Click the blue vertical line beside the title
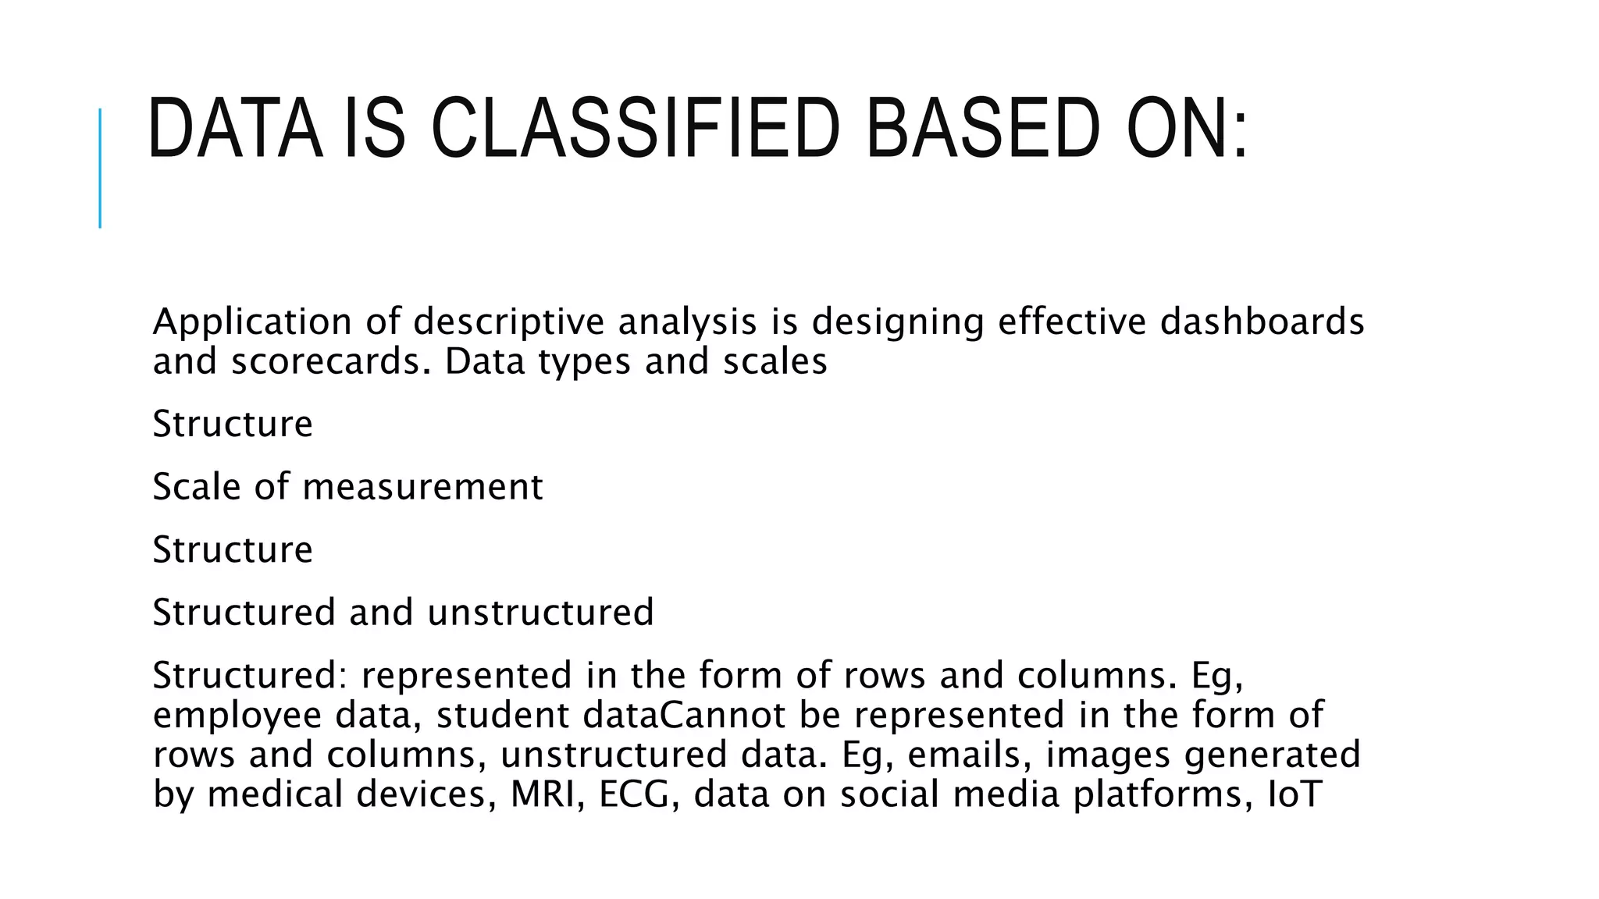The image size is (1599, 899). [100, 168]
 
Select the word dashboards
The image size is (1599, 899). [1262, 322]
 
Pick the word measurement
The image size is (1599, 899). [422, 487]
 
